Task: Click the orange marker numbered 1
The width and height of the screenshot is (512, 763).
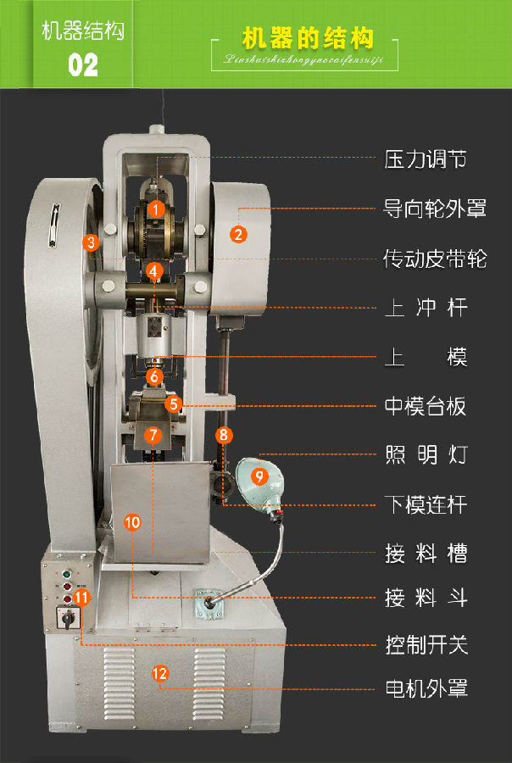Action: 155,208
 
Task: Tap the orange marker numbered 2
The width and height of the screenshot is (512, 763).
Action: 239,234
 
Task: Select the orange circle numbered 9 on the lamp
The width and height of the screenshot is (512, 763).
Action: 260,476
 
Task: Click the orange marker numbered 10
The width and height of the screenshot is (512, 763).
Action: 132,522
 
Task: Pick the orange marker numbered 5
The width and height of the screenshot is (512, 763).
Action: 174,404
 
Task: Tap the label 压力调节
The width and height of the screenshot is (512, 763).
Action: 425,159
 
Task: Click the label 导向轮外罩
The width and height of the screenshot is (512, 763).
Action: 435,209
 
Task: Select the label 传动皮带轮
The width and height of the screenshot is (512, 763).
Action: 435,259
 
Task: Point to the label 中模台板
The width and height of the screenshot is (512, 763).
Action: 425,406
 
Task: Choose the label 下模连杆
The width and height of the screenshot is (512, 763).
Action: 425,505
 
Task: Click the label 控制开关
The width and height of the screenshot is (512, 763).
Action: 425,646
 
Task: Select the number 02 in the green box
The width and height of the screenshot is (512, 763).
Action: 83,64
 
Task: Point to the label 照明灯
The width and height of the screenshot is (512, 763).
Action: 425,455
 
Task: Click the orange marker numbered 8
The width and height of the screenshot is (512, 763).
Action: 223,436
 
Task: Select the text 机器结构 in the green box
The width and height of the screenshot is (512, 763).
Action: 83,31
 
